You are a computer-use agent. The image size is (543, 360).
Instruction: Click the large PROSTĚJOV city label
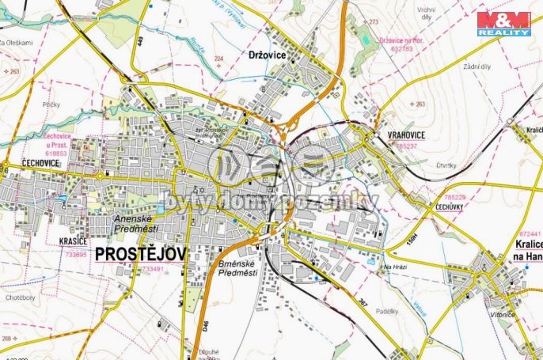click(x=141, y=254)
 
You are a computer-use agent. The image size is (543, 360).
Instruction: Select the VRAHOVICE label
click(x=407, y=135)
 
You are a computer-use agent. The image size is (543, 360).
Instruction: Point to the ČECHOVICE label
click(x=20, y=163)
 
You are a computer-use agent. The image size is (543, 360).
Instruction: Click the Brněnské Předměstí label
click(x=238, y=267)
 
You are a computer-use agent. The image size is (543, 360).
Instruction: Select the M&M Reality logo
click(x=503, y=23)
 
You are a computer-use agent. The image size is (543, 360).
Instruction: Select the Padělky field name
click(x=387, y=311)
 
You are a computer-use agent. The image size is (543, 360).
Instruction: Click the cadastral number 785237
click(x=407, y=146)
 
